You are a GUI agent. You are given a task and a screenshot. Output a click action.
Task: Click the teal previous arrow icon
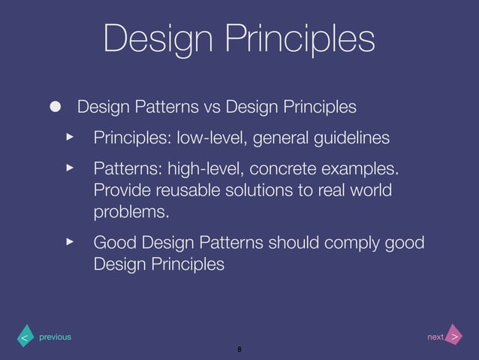23,337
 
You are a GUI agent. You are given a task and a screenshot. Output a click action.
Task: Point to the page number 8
239,349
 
